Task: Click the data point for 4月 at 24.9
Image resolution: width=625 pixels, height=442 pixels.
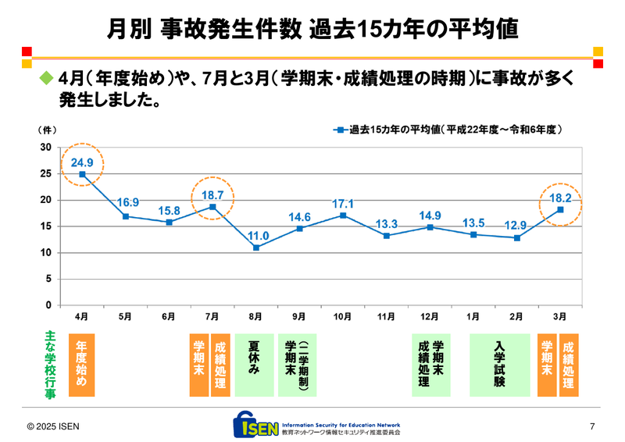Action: click(x=82, y=174)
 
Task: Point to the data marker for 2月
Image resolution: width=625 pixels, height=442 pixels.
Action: click(x=516, y=237)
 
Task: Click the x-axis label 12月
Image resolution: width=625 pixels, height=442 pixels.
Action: click(x=429, y=317)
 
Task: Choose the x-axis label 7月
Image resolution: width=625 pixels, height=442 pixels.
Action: click(x=212, y=317)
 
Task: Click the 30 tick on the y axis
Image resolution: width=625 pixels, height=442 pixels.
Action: click(x=45, y=148)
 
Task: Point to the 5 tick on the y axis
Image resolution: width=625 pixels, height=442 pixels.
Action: click(x=48, y=279)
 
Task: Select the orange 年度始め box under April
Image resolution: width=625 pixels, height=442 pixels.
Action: click(x=81, y=365)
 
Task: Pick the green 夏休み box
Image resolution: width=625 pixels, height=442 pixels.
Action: click(x=254, y=365)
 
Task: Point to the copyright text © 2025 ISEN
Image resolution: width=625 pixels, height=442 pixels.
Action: click(x=53, y=426)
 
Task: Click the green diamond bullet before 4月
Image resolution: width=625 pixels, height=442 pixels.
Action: click(x=45, y=80)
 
